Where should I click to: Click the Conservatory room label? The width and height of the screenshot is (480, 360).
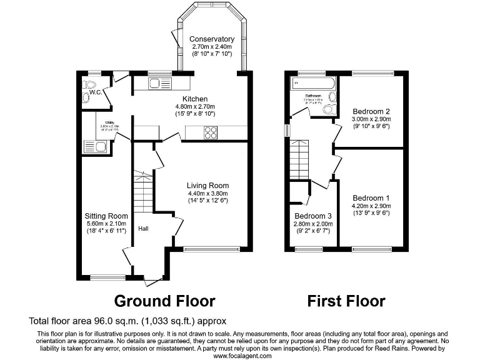click(x=212, y=39)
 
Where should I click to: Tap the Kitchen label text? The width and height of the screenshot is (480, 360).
click(x=194, y=99)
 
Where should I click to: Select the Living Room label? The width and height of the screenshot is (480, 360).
click(x=207, y=185)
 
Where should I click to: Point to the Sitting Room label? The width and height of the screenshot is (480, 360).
click(x=106, y=216)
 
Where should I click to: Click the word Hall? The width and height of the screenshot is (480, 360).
click(x=143, y=228)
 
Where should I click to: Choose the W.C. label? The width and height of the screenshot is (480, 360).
click(x=95, y=93)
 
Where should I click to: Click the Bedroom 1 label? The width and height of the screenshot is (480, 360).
click(x=371, y=197)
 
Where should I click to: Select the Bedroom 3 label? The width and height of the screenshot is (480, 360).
click(x=312, y=216)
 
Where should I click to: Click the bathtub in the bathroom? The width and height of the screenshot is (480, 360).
click(x=312, y=83)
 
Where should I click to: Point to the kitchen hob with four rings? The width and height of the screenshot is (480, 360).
click(x=210, y=132)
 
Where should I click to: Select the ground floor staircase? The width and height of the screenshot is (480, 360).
click(x=143, y=192)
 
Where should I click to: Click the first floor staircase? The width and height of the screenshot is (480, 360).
click(x=299, y=159)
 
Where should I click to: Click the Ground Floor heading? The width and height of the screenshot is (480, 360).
click(x=165, y=301)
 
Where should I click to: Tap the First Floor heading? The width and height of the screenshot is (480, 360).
click(x=346, y=301)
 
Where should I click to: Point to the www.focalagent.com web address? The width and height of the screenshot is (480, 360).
click(x=242, y=356)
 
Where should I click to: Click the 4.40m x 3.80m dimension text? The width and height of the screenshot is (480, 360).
click(x=207, y=193)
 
